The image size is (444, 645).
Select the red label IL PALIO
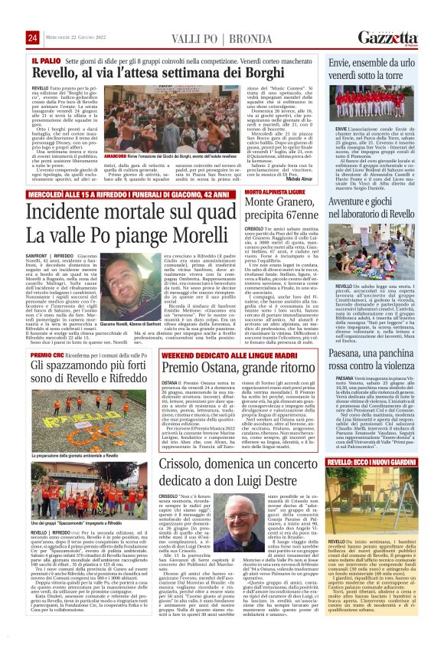point(41,58)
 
